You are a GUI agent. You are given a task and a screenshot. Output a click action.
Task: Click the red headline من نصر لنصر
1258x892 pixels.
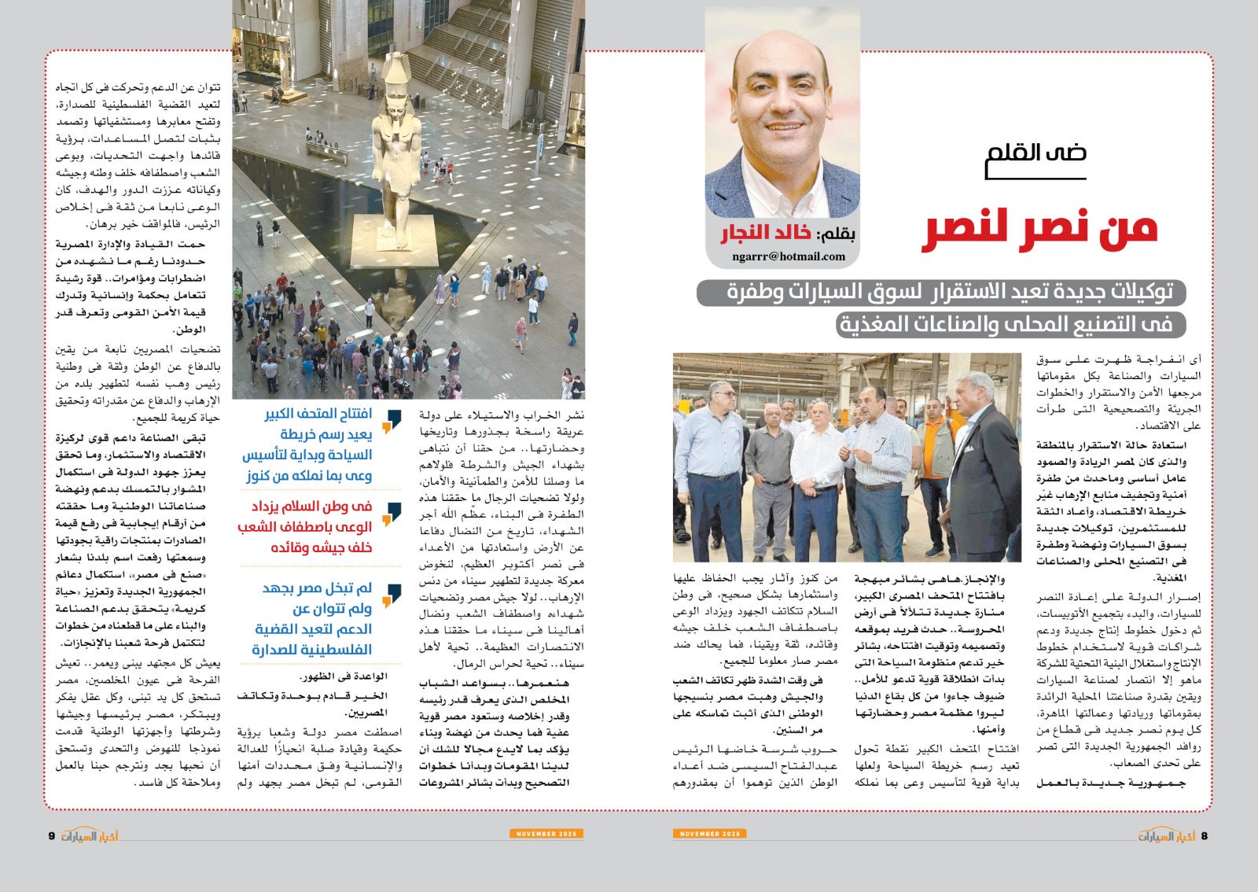point(1039,229)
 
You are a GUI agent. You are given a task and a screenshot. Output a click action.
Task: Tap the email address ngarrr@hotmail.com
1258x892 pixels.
point(789,256)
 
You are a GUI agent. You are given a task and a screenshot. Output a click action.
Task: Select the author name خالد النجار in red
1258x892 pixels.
point(766,234)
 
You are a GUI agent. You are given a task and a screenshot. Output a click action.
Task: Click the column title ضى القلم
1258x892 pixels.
point(1036,152)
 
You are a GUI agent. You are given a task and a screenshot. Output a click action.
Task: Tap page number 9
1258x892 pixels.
point(52,835)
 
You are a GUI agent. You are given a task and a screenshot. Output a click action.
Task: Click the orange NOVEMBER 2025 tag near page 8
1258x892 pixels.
point(709,834)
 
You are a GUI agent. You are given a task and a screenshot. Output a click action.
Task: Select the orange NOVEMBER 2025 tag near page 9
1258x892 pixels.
point(546,834)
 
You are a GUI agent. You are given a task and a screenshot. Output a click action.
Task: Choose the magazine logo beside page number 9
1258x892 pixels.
point(90,835)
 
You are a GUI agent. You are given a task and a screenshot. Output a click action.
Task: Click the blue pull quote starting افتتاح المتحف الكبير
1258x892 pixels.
point(318,444)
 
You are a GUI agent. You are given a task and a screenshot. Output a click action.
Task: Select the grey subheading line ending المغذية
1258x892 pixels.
point(1010,324)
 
